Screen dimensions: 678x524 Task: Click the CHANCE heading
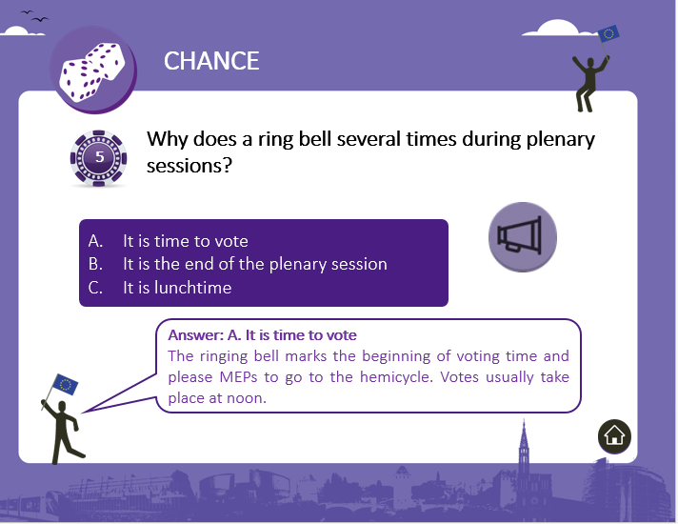tap(211, 61)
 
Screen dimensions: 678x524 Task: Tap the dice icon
tap(92, 71)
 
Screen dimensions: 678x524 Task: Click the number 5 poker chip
tap(99, 158)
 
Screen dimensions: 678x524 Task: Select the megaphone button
tap(523, 236)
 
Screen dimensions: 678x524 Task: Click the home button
tap(614, 436)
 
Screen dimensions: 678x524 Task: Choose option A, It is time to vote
tap(169, 241)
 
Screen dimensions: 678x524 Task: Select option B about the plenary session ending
tap(237, 264)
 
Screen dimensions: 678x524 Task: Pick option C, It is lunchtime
tap(160, 288)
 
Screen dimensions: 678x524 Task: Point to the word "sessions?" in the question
tap(189, 165)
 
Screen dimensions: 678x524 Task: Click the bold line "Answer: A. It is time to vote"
tap(263, 335)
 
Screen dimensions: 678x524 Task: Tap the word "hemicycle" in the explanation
tap(395, 377)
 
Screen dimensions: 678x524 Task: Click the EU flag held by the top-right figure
tap(608, 33)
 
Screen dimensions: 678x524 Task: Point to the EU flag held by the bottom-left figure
tap(65, 384)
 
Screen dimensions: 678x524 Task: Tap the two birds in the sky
tap(34, 16)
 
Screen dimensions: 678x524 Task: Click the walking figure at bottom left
tap(63, 432)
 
